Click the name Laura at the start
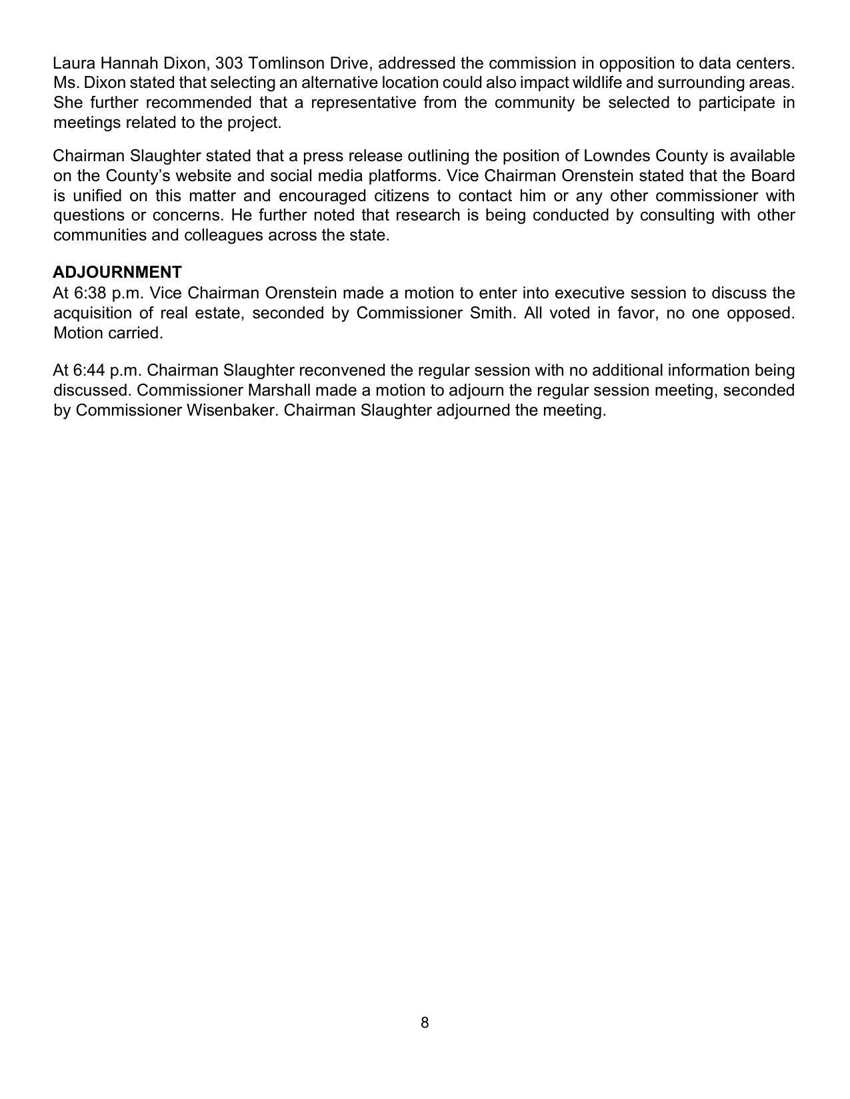pyautogui.click(x=74, y=63)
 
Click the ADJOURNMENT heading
pyautogui.click(x=117, y=272)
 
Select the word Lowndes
pyautogui.click(x=617, y=156)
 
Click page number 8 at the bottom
pyautogui.click(x=425, y=1022)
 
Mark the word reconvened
pyautogui.click(x=341, y=370)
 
